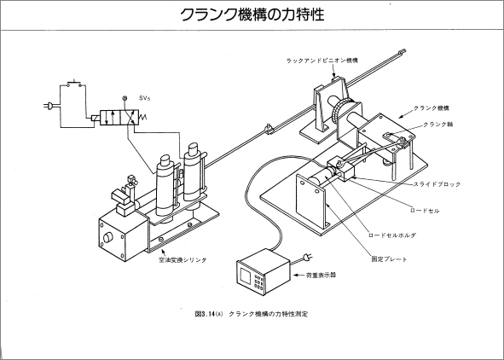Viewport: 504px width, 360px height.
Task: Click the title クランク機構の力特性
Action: [x=252, y=15]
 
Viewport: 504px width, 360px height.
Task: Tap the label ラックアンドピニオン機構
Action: [x=322, y=61]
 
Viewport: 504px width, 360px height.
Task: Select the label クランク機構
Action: [x=431, y=108]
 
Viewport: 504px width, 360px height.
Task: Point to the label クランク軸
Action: [x=437, y=125]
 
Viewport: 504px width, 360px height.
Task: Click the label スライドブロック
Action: [x=437, y=184]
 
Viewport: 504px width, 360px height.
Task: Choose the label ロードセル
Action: [x=425, y=211]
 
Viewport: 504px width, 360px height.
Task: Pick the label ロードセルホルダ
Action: [x=392, y=235]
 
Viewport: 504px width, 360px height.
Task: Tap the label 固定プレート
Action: [x=389, y=259]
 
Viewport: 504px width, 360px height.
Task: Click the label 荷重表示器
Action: [x=322, y=276]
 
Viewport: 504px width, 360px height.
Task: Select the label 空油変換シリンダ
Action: [x=182, y=260]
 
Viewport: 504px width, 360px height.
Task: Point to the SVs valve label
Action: [x=145, y=98]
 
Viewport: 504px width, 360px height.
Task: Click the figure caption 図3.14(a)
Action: [x=209, y=314]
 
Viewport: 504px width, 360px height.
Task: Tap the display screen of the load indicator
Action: [x=246, y=276]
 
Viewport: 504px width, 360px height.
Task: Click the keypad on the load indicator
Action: [x=258, y=282]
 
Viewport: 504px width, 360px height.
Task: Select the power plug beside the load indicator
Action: [x=307, y=257]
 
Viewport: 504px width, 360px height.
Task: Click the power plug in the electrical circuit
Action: [x=49, y=106]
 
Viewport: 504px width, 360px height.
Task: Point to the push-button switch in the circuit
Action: [x=74, y=84]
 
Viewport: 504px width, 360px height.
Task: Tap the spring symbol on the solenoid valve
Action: [x=142, y=118]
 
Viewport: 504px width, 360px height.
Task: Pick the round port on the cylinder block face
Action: [x=108, y=238]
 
